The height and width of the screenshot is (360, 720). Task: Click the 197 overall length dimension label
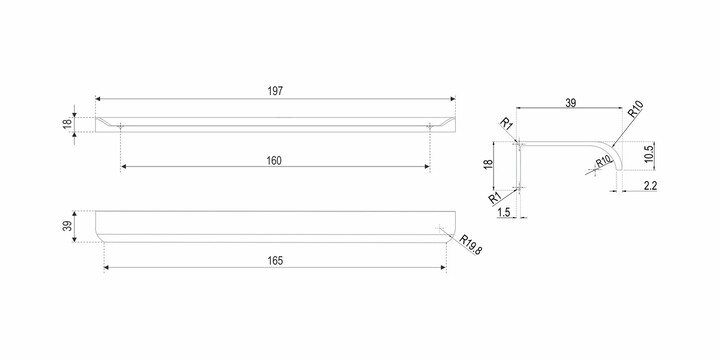point(275,91)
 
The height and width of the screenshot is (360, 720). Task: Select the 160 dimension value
point(274,160)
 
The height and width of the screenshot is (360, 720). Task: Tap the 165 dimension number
point(275,261)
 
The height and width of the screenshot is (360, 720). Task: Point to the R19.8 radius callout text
point(471,246)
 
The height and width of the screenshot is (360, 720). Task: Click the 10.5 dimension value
point(648,152)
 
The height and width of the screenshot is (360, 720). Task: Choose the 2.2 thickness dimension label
point(650,186)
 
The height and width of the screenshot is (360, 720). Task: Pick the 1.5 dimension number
point(504,212)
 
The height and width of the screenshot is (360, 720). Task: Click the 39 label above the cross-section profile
point(570,102)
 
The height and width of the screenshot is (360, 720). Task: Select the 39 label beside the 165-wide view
point(68,226)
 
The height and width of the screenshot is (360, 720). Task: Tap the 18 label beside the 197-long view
point(68,124)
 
